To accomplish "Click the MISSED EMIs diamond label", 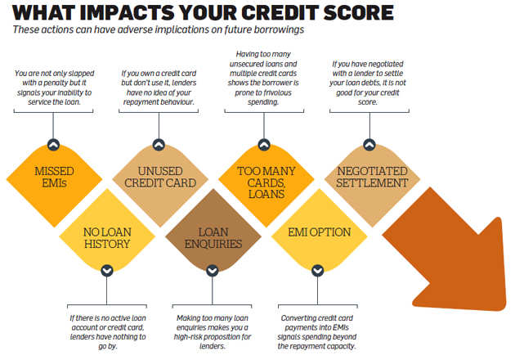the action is (x=54, y=177).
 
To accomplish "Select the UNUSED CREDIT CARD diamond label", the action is (x=160, y=177).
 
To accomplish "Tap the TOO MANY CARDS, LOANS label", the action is (x=266, y=182).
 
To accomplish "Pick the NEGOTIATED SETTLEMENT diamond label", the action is (x=372, y=177).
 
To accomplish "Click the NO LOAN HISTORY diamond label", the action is (x=107, y=238).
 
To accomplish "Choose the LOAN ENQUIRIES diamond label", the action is (x=213, y=238).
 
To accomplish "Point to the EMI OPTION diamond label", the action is (x=320, y=232).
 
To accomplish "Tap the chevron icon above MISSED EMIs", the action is (x=53, y=144).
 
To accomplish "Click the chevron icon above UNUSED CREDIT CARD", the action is (x=159, y=144).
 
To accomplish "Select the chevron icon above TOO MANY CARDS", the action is (x=264, y=144).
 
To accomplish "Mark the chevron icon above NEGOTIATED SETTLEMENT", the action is (x=369, y=144).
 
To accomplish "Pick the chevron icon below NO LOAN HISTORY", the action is (x=107, y=271).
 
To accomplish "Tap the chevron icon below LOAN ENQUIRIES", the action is (x=213, y=271).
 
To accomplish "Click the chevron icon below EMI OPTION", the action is (x=318, y=271).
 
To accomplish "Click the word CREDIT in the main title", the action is (x=280, y=13).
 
